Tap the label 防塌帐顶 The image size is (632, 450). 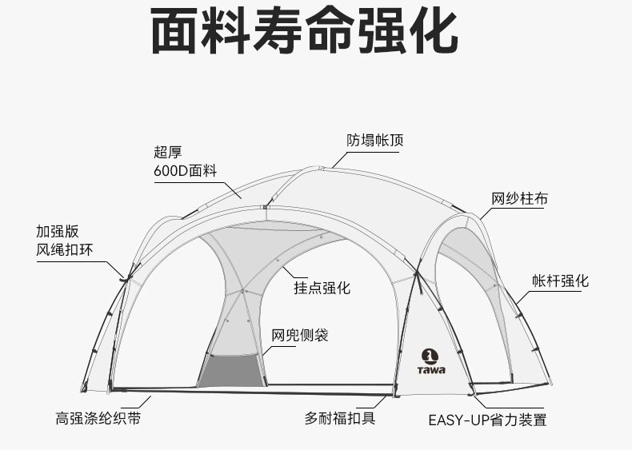374,141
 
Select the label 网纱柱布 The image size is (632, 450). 519,199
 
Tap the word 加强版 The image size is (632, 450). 58,231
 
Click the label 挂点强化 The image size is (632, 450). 322,288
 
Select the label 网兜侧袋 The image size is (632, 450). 299,335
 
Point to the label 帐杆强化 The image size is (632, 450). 560,281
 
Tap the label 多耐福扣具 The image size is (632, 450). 339,417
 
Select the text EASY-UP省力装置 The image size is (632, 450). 487,420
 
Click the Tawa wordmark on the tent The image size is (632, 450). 431,369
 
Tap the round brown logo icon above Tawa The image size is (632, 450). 430,355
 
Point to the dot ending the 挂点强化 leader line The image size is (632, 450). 277,261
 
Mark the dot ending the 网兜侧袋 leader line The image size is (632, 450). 262,353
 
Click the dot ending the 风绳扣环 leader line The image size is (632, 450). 125,278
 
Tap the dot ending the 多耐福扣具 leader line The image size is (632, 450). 394,395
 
